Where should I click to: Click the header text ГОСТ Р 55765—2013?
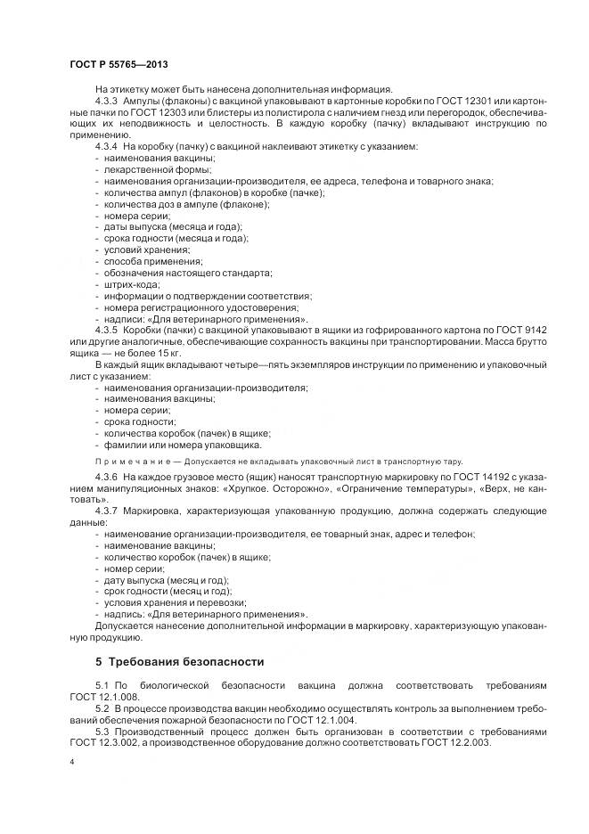118,65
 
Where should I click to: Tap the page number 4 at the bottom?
71,763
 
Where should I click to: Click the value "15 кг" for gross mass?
145,351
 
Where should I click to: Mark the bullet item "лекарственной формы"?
146,168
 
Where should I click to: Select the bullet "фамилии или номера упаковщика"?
183,444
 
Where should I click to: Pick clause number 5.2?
102,707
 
